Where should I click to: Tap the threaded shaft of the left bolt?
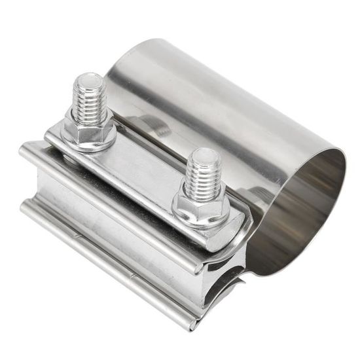coord(89,101)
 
